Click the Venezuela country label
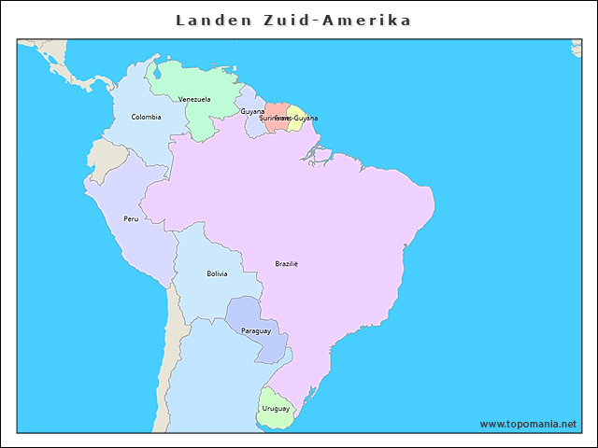point(194,99)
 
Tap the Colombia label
point(146,117)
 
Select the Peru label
point(131,219)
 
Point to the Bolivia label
point(217,273)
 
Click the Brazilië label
point(286,263)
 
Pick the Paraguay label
point(255,331)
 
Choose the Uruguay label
point(276,409)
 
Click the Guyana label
point(252,111)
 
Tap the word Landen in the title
point(209,21)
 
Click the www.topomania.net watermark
point(528,424)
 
